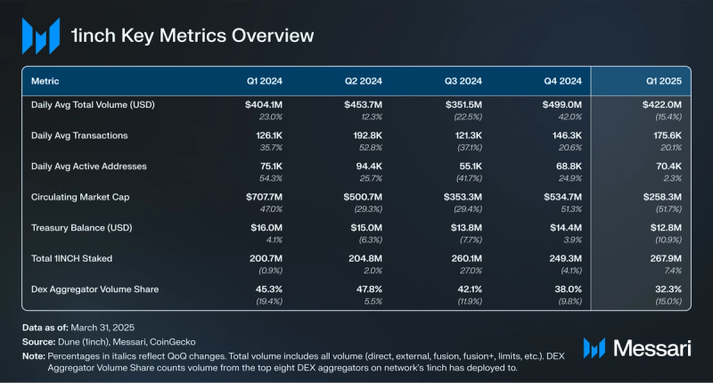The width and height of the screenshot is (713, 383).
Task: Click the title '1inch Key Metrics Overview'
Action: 193,37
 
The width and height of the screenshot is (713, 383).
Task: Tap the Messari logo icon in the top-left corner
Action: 40,37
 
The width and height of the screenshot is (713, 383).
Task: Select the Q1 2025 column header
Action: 664,80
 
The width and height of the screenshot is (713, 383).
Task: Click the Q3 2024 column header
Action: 463,80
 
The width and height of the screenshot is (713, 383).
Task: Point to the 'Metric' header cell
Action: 46,80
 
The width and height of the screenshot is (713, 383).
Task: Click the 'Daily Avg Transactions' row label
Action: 80,135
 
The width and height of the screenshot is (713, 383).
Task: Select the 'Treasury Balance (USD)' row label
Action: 81,227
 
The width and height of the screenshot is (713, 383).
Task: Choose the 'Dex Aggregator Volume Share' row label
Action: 93,288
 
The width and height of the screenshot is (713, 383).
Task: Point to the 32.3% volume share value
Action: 668,288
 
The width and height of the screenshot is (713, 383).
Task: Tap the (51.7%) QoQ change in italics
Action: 667,208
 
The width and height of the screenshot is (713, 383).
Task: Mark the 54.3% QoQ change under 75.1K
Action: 270,178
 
